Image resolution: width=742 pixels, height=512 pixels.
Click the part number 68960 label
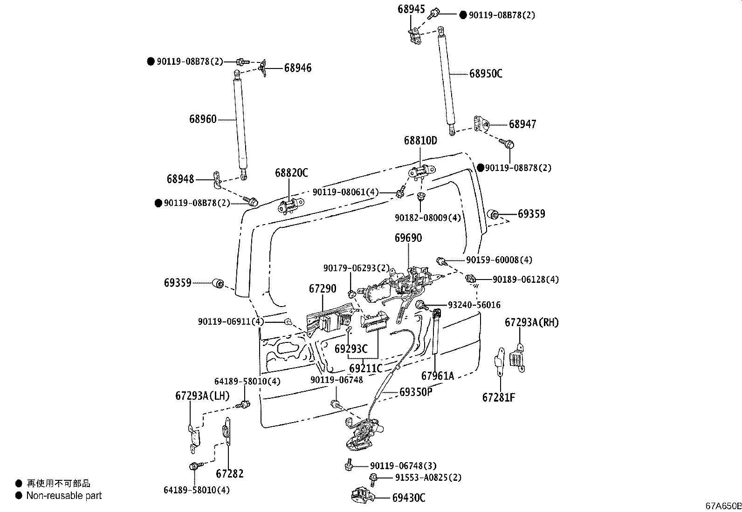click(203, 119)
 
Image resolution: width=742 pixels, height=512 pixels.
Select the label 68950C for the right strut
click(486, 74)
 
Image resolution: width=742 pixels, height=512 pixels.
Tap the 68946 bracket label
click(298, 68)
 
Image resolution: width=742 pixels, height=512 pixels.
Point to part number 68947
click(522, 124)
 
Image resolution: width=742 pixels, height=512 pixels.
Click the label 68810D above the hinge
click(420, 140)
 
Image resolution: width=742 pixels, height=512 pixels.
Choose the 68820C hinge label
click(291, 173)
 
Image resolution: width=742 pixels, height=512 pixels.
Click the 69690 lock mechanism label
click(408, 238)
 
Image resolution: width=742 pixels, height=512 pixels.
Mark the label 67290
click(322, 289)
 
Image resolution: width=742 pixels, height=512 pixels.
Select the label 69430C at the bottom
click(409, 498)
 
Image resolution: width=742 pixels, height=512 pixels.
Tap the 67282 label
click(230, 474)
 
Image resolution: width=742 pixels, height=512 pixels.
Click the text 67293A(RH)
click(532, 322)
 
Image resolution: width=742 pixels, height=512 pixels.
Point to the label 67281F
click(499, 397)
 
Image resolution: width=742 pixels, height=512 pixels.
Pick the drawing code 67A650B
click(722, 506)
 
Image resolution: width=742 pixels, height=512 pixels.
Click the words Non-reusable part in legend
click(64, 496)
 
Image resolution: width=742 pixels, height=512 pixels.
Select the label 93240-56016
click(474, 305)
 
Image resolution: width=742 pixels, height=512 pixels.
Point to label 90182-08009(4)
click(428, 218)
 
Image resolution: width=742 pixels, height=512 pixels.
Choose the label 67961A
click(438, 375)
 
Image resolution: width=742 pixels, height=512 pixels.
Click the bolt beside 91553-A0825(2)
click(373, 478)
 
